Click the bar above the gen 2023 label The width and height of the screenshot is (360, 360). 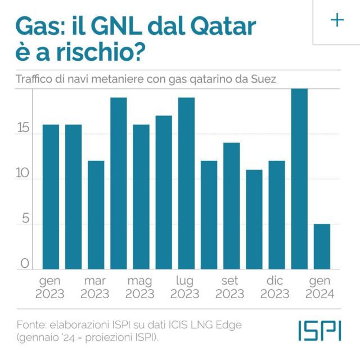point(51,196)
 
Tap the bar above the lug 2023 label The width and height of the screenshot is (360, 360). point(186,183)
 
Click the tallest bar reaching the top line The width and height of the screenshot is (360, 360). point(299,178)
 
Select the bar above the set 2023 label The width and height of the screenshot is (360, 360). point(231,205)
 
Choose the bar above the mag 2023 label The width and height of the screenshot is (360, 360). point(141,196)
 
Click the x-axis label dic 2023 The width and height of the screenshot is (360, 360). point(275,287)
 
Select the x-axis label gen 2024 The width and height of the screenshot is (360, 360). point(320,287)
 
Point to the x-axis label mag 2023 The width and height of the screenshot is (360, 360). point(140,287)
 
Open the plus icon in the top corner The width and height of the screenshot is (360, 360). point(337,20)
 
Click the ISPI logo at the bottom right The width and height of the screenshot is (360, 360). point(319,331)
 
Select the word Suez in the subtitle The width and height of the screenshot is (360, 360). point(263,79)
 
